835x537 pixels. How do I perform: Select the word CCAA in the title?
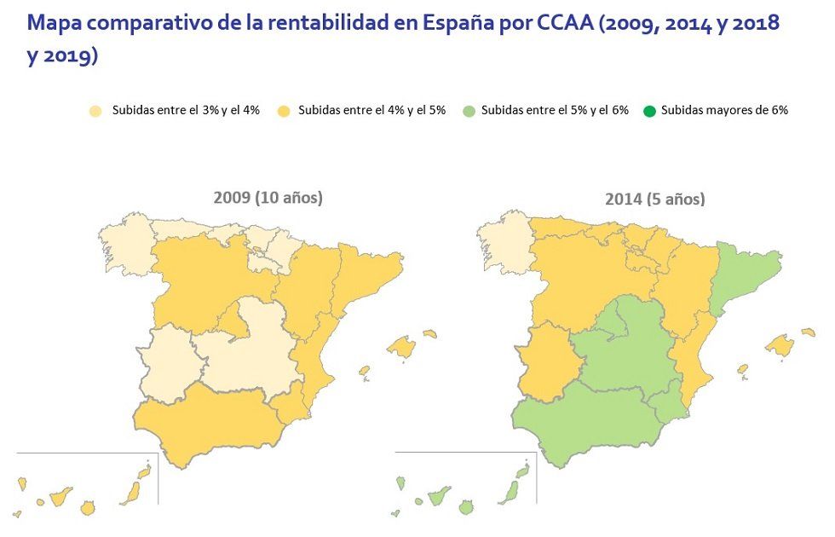click(x=566, y=23)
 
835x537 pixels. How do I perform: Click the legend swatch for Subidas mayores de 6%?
click(x=649, y=111)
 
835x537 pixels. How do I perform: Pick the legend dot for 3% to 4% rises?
click(x=96, y=111)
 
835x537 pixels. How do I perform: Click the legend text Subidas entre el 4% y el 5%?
click(x=371, y=110)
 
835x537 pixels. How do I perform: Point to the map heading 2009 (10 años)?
click(x=268, y=198)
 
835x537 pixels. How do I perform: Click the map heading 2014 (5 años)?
click(x=654, y=199)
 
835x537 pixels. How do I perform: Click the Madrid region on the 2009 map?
click(x=233, y=320)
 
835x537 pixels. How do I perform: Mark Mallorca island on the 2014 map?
click(x=779, y=344)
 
